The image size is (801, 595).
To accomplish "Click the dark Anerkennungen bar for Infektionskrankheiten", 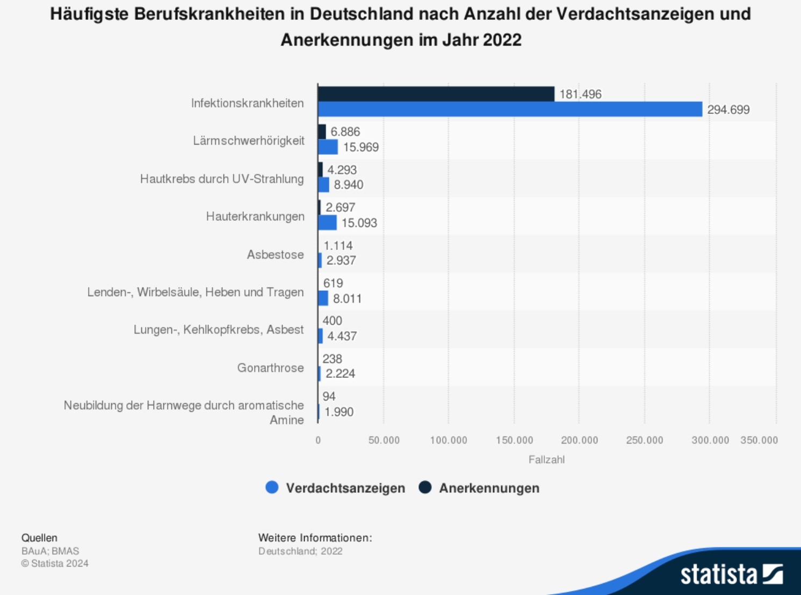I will pos(436,94).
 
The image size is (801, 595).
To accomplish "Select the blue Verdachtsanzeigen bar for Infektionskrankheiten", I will pos(510,109).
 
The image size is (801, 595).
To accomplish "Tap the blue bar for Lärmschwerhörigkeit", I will pos(328,147).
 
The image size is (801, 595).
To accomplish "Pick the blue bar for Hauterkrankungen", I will pos(327,223).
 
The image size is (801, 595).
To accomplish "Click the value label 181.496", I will pos(580,94).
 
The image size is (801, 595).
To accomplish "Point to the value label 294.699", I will pos(728,110).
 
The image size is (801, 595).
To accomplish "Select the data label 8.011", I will pos(347,298).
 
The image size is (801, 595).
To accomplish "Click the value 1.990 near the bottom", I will pos(339,412).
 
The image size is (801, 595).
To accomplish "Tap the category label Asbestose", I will pos(275,254).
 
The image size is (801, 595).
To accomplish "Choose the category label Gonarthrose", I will pos(270,368).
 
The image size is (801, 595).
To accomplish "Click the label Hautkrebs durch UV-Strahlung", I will pos(221,178).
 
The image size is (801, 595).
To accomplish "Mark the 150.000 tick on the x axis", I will pos(514,440).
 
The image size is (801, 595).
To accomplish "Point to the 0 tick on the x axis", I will pos(318,440).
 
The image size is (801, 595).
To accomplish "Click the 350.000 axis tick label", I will pos(759,440).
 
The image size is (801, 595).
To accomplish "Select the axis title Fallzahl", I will pos(546,460).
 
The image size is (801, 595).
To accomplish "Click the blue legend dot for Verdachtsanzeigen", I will pos(272,488).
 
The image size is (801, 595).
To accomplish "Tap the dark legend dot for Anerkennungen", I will pos(425,488).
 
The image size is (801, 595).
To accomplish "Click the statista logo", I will pos(731,574).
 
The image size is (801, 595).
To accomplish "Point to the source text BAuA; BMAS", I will pos(50,551).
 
